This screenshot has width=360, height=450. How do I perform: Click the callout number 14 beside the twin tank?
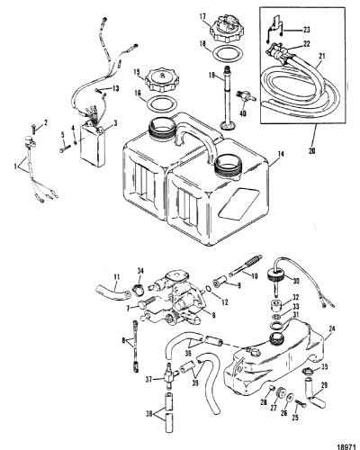coord(281,155)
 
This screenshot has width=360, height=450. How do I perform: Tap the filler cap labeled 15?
coord(162,81)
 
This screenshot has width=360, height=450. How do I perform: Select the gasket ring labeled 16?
coord(161,104)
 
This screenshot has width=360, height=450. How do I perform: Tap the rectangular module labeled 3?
coord(93,145)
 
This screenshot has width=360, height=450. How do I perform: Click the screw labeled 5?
coord(65,148)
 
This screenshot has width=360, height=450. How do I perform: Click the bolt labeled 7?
coord(147,302)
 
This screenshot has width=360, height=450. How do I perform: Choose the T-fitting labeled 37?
coord(169,373)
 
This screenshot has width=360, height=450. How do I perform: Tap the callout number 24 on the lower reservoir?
coord(331,328)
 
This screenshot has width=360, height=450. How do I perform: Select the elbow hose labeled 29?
coord(314,393)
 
